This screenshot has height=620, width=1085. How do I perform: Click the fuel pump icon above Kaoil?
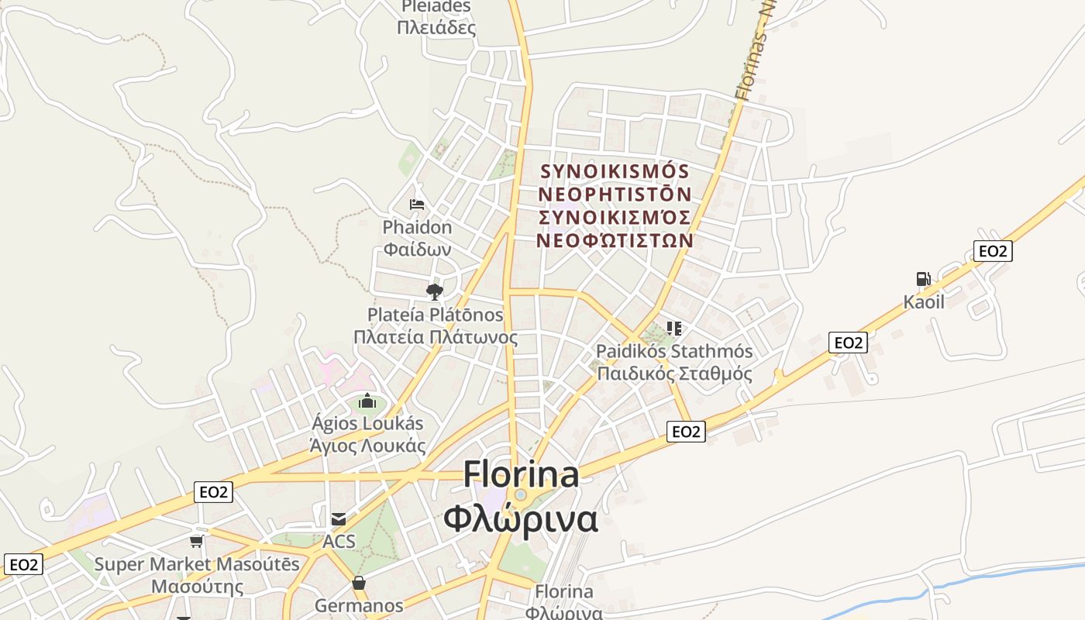(x=923, y=279)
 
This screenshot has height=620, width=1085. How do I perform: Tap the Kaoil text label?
(x=924, y=302)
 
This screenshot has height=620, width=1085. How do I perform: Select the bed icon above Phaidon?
(x=417, y=205)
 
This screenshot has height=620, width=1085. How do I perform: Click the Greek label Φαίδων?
(x=417, y=250)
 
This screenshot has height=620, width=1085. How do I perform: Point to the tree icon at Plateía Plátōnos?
(x=435, y=291)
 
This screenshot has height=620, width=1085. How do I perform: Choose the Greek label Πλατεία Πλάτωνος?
(x=436, y=337)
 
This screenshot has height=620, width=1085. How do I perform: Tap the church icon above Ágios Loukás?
(x=367, y=401)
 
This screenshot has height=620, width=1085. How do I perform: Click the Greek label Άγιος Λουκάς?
(x=367, y=446)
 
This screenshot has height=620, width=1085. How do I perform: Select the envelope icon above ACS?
(x=339, y=519)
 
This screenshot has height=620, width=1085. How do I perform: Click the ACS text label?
(x=339, y=541)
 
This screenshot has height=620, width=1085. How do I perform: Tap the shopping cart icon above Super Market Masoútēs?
(x=197, y=541)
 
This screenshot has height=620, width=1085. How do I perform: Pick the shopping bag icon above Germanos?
(x=359, y=583)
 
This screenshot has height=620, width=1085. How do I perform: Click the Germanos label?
(x=359, y=605)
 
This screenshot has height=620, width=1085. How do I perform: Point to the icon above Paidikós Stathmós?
(x=673, y=329)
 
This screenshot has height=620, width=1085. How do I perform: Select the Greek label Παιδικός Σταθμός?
(x=674, y=374)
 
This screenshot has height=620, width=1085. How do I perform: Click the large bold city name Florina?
(x=521, y=474)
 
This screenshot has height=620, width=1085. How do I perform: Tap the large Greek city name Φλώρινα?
(x=521, y=519)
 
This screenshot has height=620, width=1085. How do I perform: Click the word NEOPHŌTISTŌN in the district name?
(x=615, y=193)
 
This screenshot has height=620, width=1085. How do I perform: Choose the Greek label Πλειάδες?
(x=436, y=28)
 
